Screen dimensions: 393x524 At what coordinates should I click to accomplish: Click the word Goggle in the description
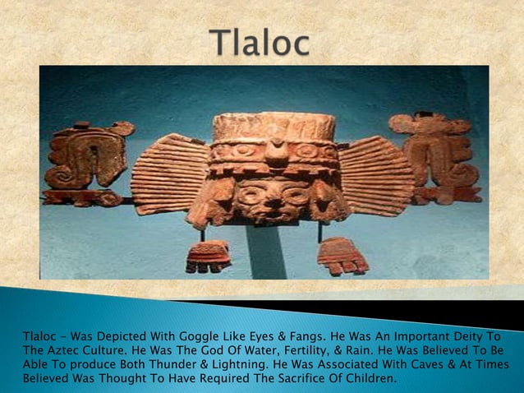[x=177, y=335]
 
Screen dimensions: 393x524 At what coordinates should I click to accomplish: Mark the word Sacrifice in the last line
[x=300, y=378]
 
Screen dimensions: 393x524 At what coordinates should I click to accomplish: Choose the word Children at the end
[x=366, y=378]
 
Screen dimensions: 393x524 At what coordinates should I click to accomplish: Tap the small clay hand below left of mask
[x=207, y=256]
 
